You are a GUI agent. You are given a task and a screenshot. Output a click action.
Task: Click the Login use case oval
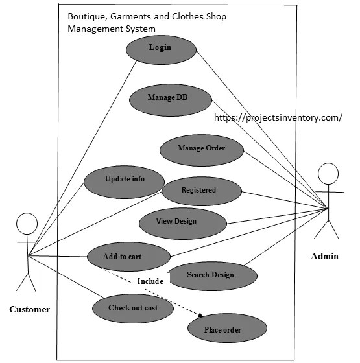coord(160,48)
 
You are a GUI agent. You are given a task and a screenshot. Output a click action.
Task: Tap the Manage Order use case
coord(202,148)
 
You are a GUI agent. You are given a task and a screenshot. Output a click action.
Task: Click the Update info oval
coord(125,178)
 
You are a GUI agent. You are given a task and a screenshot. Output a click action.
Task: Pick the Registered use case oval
coord(200,190)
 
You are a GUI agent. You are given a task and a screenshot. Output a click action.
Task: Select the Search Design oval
coord(210,275)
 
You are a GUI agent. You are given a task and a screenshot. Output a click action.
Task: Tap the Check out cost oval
coord(133,308)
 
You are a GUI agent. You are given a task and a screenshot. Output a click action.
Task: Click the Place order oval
coord(222,330)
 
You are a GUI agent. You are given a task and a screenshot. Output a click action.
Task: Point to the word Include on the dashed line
coord(150,281)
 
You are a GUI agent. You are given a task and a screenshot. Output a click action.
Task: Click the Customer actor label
coord(29,309)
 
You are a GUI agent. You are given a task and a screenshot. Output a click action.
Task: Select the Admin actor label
coord(324,256)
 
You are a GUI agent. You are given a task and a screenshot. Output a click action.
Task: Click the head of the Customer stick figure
coord(27,224)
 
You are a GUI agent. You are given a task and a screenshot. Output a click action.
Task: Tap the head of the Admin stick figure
coord(328,173)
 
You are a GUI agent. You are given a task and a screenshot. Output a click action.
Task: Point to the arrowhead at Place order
coord(202,315)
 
